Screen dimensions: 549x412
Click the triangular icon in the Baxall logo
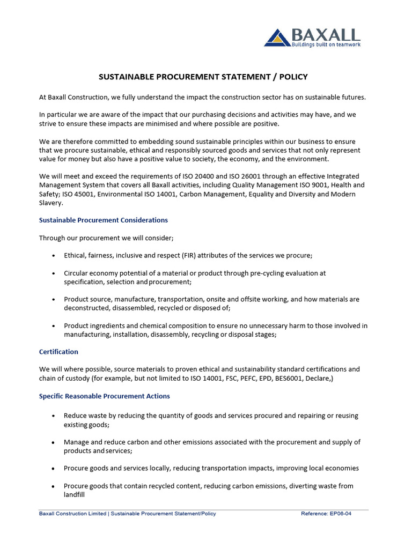pyautogui.click(x=277, y=38)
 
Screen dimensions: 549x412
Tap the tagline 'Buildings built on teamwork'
pyautogui.click(x=326, y=44)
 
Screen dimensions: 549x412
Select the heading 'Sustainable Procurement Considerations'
pyautogui.click(x=104, y=220)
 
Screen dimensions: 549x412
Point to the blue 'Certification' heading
pyautogui.click(x=58, y=352)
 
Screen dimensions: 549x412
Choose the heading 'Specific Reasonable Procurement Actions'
pyautogui.click(x=105, y=396)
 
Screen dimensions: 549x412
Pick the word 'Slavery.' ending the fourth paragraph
pyautogui.click(x=51, y=203)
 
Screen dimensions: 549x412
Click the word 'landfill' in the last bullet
pyautogui.click(x=75, y=495)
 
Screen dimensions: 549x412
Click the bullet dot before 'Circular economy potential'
pyautogui.click(x=53, y=273)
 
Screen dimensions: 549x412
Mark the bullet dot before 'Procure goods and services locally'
pyautogui.click(x=53, y=469)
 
